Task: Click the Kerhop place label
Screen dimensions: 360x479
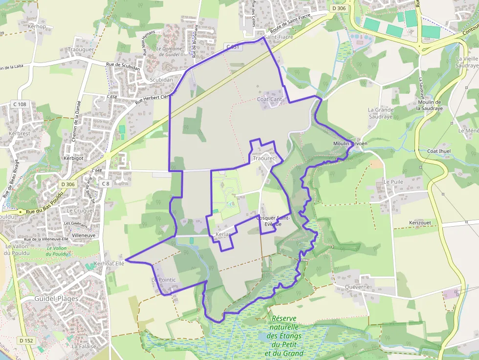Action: (37, 26)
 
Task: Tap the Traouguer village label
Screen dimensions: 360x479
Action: (81, 50)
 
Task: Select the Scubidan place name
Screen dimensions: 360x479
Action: (161, 80)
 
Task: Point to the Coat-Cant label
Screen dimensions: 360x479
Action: (270, 99)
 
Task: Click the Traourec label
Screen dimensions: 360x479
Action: (264, 159)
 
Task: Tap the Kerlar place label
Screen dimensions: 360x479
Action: (223, 234)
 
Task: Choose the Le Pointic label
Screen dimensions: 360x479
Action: (163, 280)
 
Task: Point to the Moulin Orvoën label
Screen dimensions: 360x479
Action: (350, 143)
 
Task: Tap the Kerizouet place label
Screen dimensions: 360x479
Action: (420, 222)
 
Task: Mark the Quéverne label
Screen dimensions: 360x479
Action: (357, 287)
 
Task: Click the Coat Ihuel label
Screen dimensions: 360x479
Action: (439, 151)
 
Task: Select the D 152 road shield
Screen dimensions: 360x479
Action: (27, 340)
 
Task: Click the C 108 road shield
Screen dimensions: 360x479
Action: (20, 104)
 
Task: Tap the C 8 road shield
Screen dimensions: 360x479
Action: (105, 184)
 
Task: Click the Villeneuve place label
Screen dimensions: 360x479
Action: (84, 235)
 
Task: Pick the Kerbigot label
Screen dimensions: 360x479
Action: (73, 158)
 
